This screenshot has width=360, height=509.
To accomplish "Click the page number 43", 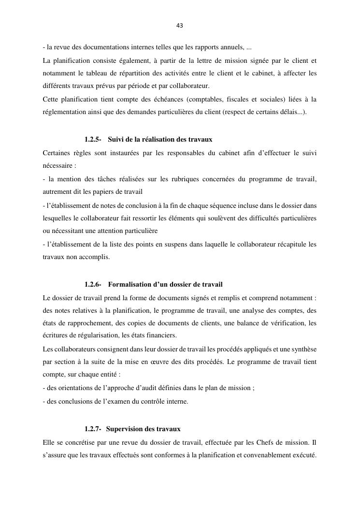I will tap(180, 25).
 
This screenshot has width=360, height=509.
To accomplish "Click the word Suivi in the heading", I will tap(116, 140).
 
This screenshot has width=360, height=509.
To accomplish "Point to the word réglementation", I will tap(64, 112).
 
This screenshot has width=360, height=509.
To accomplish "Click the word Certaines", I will tap(57, 153).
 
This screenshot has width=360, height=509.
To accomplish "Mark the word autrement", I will tap(57, 191).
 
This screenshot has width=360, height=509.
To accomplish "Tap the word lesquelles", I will tap(58, 218).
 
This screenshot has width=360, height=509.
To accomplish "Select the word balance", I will tap(257, 323).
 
